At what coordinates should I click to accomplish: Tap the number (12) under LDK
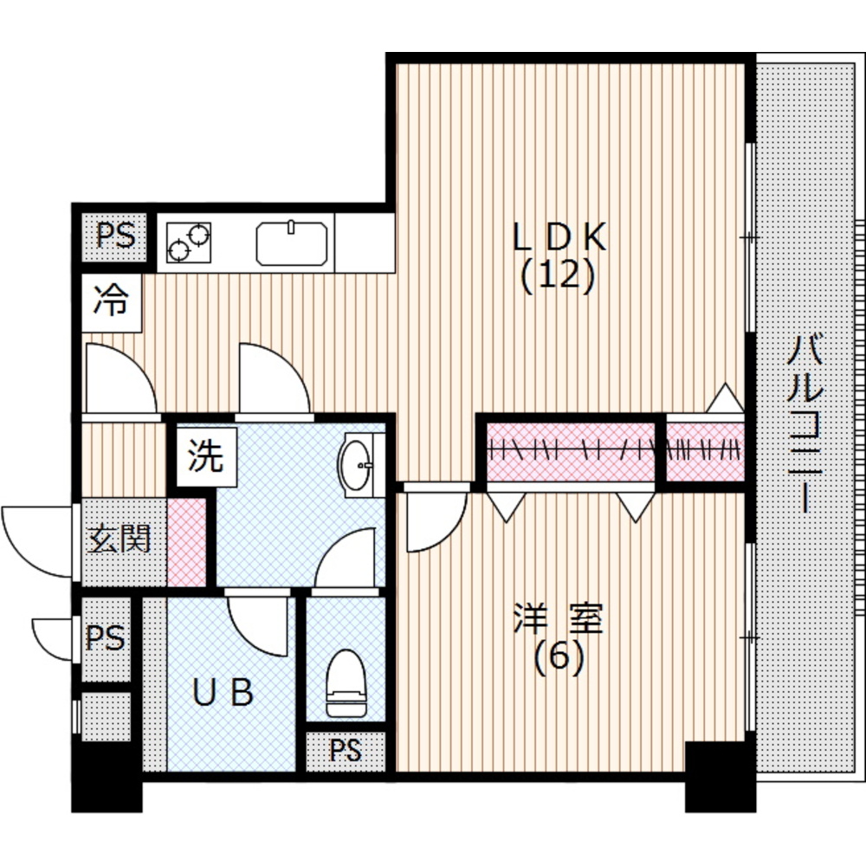tap(559, 276)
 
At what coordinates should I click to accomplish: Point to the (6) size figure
tap(559, 660)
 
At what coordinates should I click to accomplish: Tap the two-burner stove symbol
tap(189, 242)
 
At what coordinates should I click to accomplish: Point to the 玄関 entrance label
tap(119, 540)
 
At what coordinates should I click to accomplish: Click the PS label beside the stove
tap(114, 236)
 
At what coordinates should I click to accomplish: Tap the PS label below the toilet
tap(345, 751)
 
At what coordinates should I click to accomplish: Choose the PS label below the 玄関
tap(105, 638)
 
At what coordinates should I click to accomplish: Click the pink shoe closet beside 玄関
tap(185, 540)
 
